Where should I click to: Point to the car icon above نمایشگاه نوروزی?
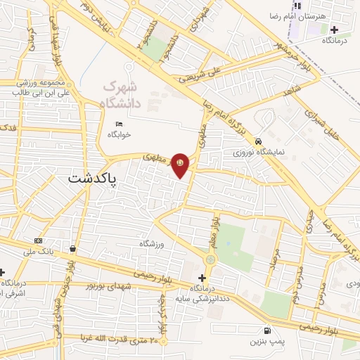[259, 140]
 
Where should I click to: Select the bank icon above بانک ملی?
[37, 241]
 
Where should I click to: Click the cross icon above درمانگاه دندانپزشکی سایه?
[203, 278]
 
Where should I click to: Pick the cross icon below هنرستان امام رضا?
[334, 30]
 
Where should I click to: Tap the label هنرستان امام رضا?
[300, 15]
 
